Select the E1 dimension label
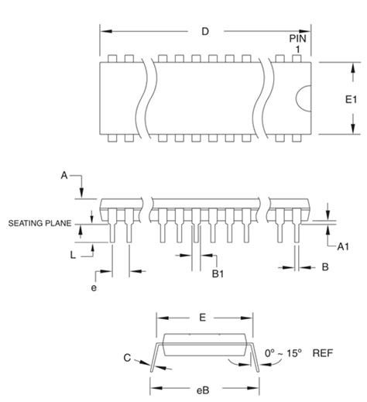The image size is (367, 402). coord(351,99)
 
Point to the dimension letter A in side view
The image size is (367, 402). coord(64,175)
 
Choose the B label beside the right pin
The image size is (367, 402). coord(325,267)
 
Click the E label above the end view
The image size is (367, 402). coord(203,317)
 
